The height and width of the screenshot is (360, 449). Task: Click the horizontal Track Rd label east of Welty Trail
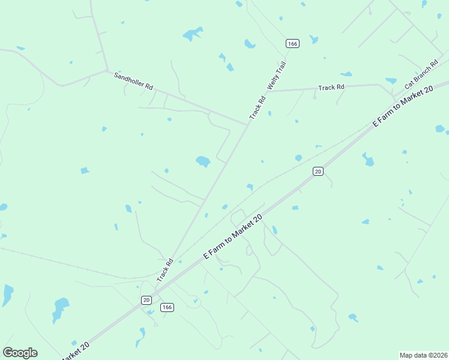(x=331, y=88)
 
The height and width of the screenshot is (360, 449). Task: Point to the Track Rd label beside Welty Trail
(x=257, y=107)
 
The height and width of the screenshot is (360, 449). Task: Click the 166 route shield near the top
(x=292, y=43)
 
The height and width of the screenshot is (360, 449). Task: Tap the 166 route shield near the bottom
(x=167, y=307)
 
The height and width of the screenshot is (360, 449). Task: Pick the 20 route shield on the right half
(x=318, y=172)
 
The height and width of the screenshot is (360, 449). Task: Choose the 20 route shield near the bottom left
(x=146, y=299)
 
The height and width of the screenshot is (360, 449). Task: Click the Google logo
(x=20, y=353)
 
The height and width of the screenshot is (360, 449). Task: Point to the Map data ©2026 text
(x=423, y=355)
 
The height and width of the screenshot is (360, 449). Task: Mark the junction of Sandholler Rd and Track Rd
(x=247, y=124)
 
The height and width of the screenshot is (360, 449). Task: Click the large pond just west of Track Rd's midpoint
(x=203, y=161)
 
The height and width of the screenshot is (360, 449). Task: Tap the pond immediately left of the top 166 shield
(x=250, y=44)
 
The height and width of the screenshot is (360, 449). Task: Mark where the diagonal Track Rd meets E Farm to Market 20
(x=155, y=290)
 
